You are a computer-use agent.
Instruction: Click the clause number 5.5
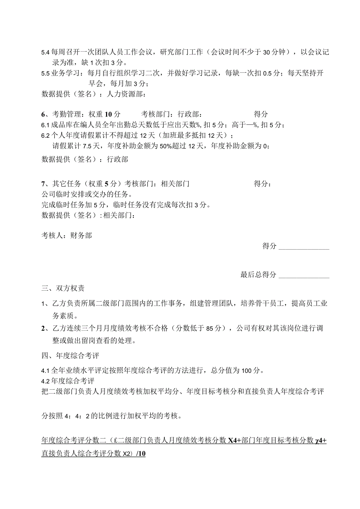coord(45,74)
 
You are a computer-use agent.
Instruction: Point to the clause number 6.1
coord(45,125)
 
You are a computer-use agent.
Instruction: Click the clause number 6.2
coord(45,136)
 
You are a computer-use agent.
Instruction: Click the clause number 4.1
coord(45,371)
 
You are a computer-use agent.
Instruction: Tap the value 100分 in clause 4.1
coord(250,371)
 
